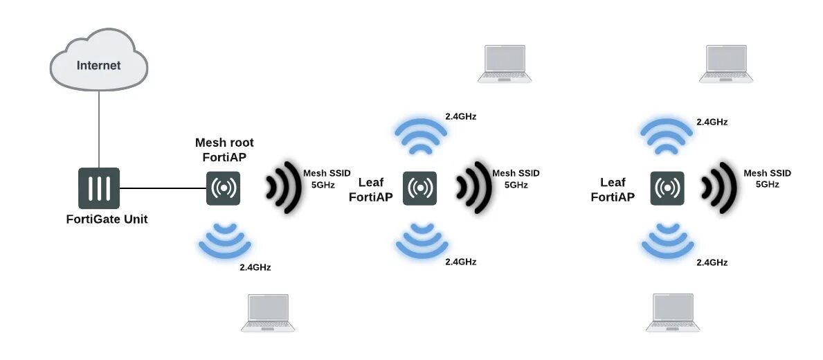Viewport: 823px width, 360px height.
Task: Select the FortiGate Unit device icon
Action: pos(99,188)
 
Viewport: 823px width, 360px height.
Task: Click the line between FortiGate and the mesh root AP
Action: pos(163,188)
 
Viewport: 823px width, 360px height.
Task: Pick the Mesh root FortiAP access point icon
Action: pos(223,188)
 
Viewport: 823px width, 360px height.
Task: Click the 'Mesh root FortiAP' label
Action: pos(224,150)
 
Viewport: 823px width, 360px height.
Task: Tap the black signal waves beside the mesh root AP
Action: pos(284,186)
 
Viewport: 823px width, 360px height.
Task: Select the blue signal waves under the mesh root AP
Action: pos(224,238)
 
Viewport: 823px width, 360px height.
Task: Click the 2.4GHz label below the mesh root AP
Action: pos(255,267)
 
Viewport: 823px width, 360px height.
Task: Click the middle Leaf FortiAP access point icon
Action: pos(420,188)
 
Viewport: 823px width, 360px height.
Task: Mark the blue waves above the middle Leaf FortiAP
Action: pos(420,135)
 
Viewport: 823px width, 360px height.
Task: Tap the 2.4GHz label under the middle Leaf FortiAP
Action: pos(460,262)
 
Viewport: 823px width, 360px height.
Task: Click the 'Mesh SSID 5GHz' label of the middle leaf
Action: pos(515,179)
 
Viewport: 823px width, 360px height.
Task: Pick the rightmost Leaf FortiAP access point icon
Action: pos(667,188)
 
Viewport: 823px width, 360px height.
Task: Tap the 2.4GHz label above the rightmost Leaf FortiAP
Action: pos(712,122)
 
